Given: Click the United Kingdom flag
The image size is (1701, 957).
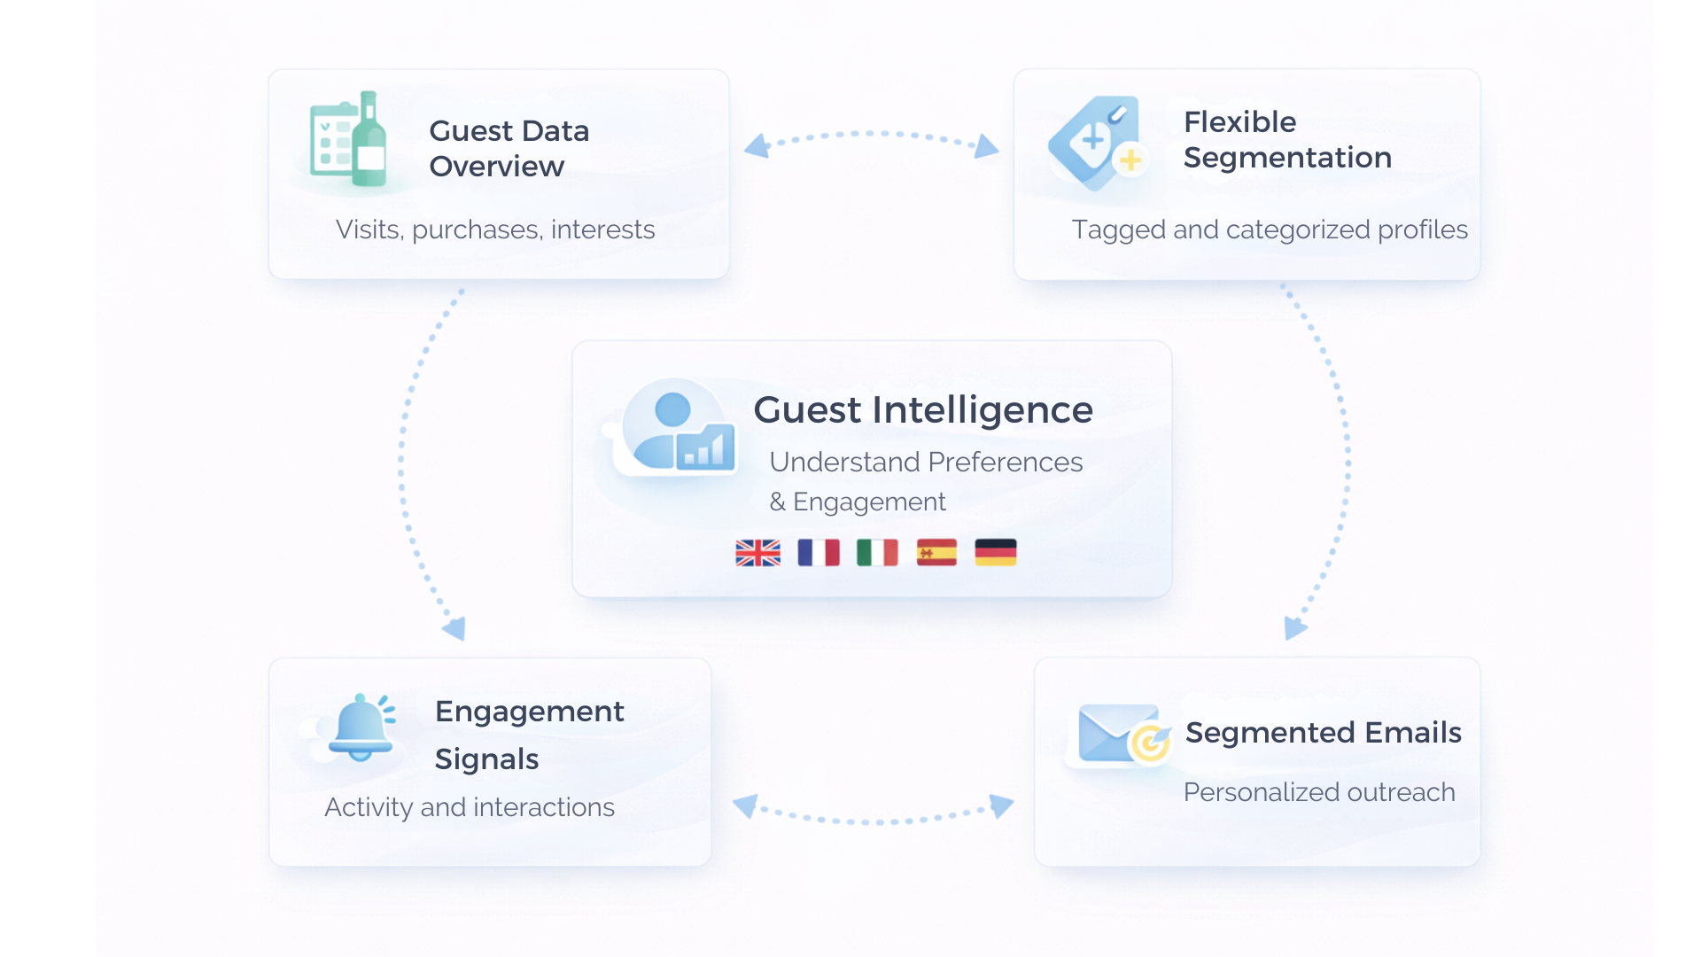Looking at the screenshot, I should tap(757, 553).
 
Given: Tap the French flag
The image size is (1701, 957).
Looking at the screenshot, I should tap(818, 553).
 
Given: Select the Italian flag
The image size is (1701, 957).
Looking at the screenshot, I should tap(877, 553).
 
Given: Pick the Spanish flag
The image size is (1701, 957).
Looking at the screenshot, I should tap(936, 553).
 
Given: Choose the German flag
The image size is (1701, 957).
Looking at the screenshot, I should tap(996, 553).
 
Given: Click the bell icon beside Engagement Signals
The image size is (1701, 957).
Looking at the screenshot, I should tap(361, 727).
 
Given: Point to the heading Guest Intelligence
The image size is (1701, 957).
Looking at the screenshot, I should tap(923, 410).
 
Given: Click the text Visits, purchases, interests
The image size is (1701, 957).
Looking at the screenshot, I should tap(495, 230).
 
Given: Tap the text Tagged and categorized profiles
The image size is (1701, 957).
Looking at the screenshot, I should tap(1270, 230).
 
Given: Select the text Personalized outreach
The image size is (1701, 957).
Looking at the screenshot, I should tap(1319, 792).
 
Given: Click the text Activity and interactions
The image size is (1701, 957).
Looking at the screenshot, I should tap(470, 807).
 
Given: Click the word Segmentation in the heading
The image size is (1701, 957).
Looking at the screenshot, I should tap(1287, 158).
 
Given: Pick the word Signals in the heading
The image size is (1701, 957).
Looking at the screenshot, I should tap(486, 759).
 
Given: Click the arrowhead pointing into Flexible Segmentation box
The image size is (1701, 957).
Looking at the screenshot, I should tap(987, 147).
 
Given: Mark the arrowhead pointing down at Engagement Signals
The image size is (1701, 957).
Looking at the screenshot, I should tap(455, 628).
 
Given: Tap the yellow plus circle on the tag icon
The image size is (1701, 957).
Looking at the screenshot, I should tap(1130, 160).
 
